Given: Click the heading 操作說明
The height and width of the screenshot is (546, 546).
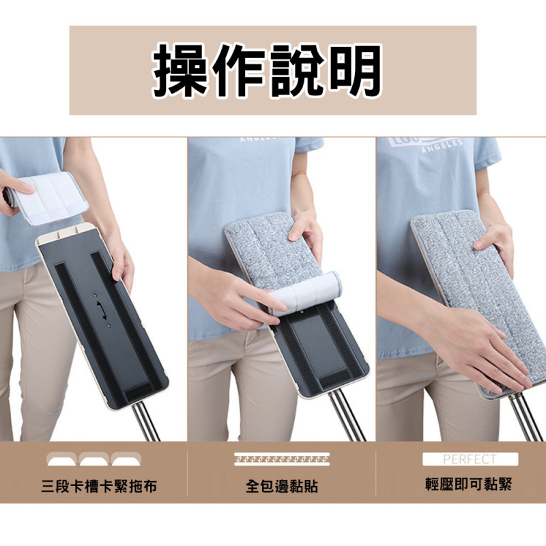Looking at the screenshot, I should pos(267,71).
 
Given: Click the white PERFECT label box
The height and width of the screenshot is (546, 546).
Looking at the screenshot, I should pos(470,459).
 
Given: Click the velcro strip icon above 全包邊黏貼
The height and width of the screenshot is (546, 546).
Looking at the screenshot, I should pos(282,458).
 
